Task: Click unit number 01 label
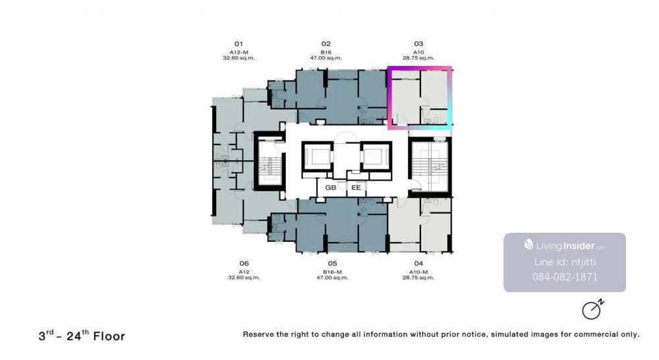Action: pyautogui.click(x=239, y=44)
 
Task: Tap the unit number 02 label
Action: pyautogui.click(x=326, y=44)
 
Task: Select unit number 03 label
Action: pyautogui.click(x=418, y=44)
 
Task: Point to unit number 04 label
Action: pyautogui.click(x=418, y=263)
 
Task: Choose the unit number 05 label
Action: pyautogui.click(x=332, y=263)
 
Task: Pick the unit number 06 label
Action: pyautogui.click(x=244, y=263)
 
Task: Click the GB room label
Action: pyautogui.click(x=331, y=187)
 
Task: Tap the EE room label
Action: pyautogui.click(x=356, y=187)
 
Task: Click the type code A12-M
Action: pyautogui.click(x=239, y=52)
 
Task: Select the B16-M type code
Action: pyautogui.click(x=332, y=272)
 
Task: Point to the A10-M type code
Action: pyautogui.click(x=418, y=272)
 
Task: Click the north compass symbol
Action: pyautogui.click(x=593, y=309)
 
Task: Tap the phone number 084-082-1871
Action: pyautogui.click(x=565, y=277)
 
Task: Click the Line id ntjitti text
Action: pyautogui.click(x=565, y=262)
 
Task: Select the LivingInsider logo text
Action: pyautogui.click(x=565, y=246)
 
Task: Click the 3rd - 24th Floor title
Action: pyautogui.click(x=82, y=336)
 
